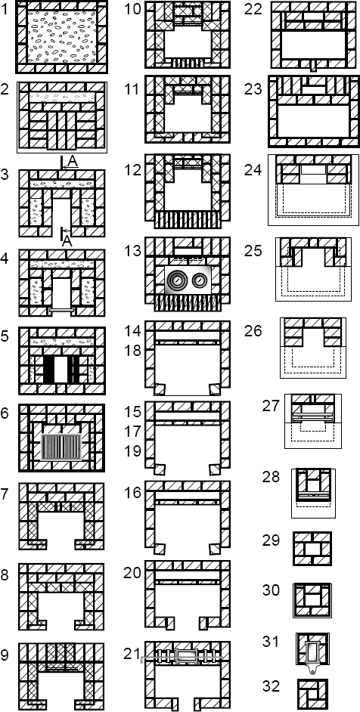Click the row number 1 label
pyautogui.click(x=5, y=10)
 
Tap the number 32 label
pyautogui.click(x=271, y=686)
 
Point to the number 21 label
pyautogui.click(x=132, y=653)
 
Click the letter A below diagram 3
pyautogui.click(x=67, y=241)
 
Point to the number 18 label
pyautogui.click(x=134, y=351)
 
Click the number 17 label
pyautogui.click(x=134, y=431)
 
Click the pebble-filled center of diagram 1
pyautogui.click(x=62, y=37)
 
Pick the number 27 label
pyautogui.click(x=271, y=405)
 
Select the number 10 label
pyautogui.click(x=134, y=10)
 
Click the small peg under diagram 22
pyautogui.click(x=312, y=66)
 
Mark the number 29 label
pyautogui.click(x=271, y=540)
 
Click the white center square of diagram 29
pyautogui.click(x=312, y=549)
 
